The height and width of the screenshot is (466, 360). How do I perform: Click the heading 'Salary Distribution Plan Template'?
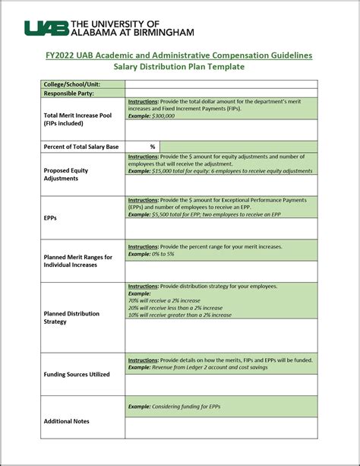[179, 67]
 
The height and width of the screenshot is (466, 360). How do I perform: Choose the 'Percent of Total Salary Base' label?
[82, 146]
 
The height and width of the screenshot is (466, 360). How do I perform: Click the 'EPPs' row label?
[51, 217]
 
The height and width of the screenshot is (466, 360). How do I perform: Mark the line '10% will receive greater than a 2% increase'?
[181, 314]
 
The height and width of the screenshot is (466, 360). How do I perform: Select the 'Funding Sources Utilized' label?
[77, 374]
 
